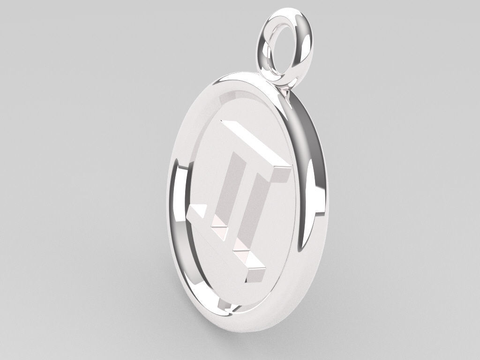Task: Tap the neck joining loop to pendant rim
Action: click(285, 91)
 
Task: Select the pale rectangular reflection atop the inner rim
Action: click(232, 96)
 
